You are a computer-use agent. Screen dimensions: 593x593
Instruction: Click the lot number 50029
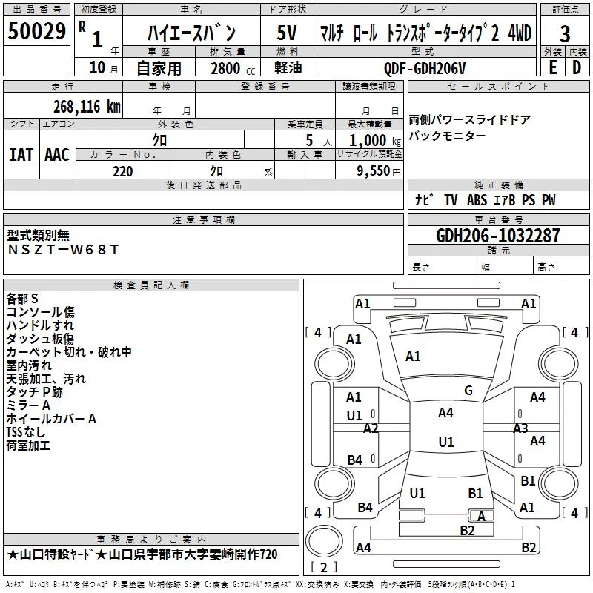[x=36, y=31]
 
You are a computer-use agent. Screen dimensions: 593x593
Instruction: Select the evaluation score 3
[x=565, y=34]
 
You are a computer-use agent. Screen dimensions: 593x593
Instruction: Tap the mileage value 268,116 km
[x=87, y=107]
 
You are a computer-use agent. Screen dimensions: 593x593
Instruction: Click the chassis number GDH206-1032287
[x=497, y=236]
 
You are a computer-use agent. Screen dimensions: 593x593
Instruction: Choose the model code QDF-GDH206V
[x=424, y=68]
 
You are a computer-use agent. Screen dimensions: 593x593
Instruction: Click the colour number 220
[x=122, y=171]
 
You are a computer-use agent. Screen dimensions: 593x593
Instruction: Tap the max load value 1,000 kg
[x=375, y=141]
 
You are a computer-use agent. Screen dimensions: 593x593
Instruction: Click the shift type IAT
[x=21, y=155]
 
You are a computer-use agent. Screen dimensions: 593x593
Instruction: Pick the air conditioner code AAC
[x=57, y=155]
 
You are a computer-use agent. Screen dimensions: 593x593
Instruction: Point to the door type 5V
[x=287, y=33]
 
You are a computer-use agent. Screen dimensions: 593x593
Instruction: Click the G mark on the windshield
[x=468, y=391]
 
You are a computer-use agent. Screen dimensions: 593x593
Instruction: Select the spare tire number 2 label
[x=324, y=567]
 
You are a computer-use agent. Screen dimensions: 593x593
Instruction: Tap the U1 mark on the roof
[x=446, y=442]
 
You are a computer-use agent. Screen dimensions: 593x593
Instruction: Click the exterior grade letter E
[x=552, y=67]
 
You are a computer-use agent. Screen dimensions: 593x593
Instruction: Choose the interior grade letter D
[x=577, y=67]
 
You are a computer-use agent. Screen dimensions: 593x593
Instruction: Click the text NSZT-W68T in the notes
[x=63, y=250]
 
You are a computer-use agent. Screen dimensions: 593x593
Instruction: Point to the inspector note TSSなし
[x=26, y=432]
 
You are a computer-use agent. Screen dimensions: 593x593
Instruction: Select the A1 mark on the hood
[x=413, y=357]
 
